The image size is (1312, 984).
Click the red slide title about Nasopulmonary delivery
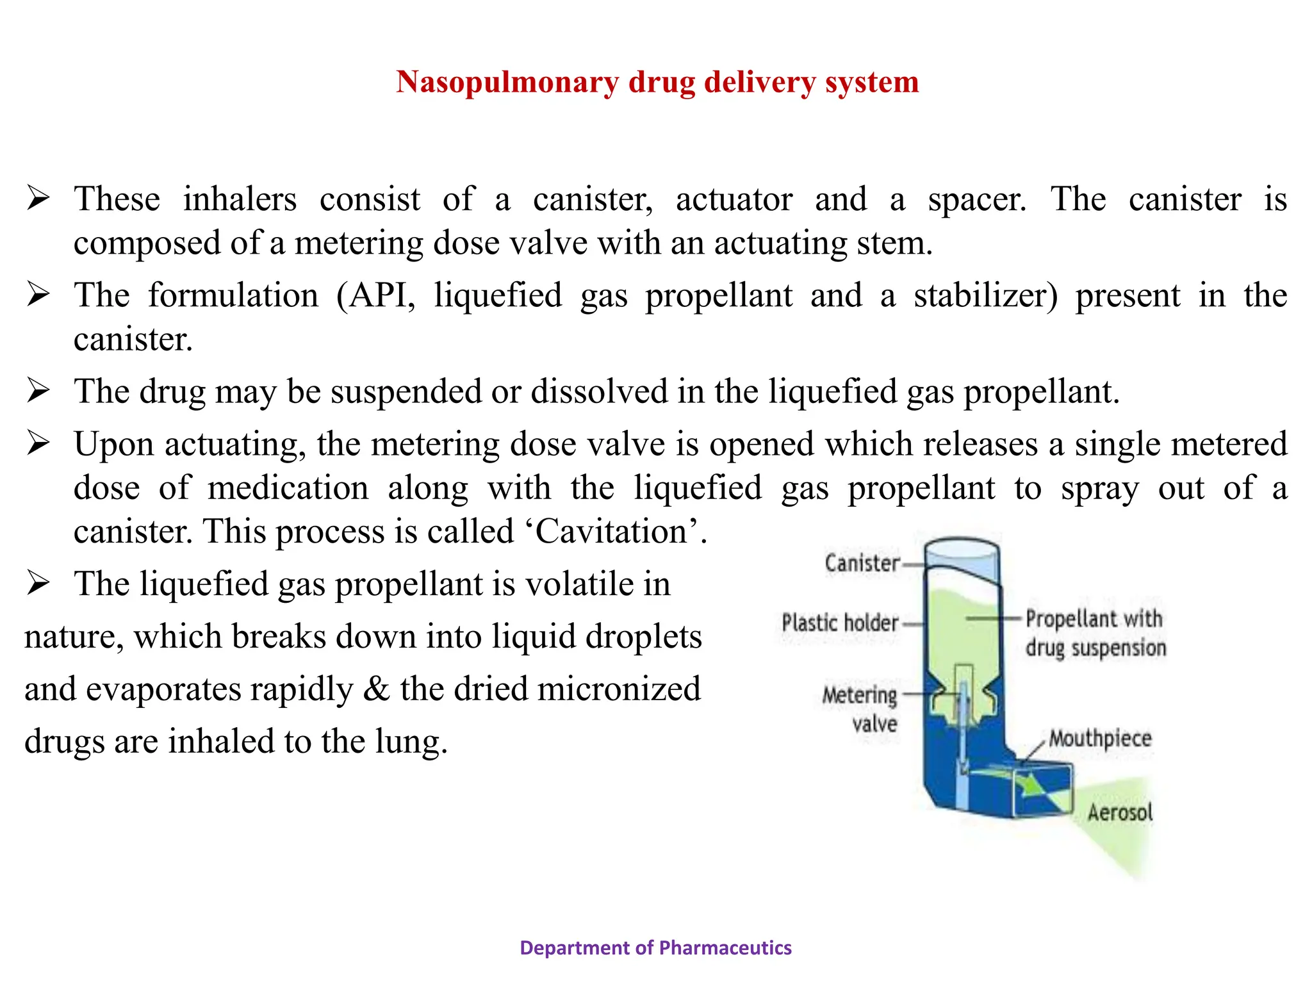pos(657,82)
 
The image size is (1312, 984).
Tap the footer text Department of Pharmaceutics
pos(655,947)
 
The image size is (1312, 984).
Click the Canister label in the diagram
pos(862,563)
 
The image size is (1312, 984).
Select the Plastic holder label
pos(840,623)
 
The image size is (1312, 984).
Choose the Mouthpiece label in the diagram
pos(1100,738)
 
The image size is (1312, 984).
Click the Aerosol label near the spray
pos(1120,812)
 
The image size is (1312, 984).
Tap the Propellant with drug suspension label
pos(1095,633)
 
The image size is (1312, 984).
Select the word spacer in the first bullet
pos(976,199)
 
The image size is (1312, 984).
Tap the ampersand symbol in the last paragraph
pos(376,689)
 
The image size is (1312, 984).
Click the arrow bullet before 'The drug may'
pos(38,391)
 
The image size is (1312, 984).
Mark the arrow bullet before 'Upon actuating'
pos(38,444)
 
